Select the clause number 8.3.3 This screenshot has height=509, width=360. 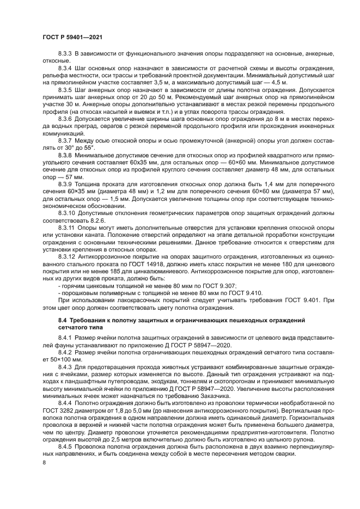click(65, 55)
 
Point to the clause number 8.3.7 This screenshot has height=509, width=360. click(65, 140)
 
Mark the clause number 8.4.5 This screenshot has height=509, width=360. click(65, 446)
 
